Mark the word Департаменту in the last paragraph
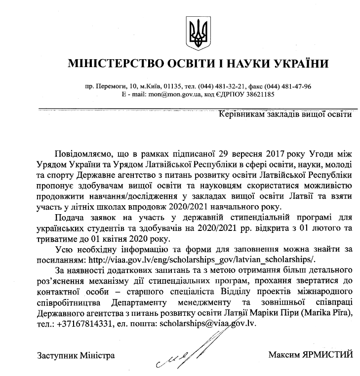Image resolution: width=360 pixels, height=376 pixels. (x=141, y=302)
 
